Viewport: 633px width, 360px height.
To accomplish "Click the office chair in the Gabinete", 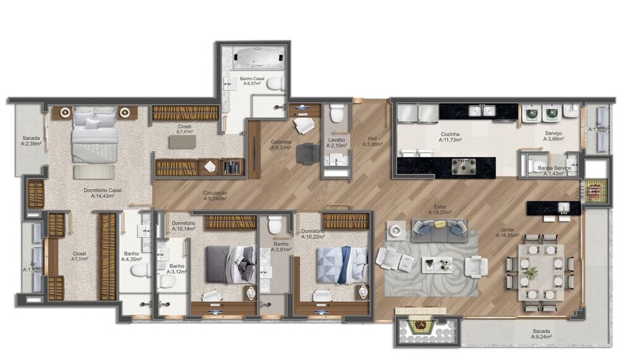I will tap(308, 153).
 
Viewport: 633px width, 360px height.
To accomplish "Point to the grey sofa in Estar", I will tap(439, 230).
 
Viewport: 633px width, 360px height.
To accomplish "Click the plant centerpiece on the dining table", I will tap(532, 272).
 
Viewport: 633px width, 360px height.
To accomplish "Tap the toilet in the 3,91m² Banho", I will tap(275, 225).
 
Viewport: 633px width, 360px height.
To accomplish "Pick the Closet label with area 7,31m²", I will tap(79, 256).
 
